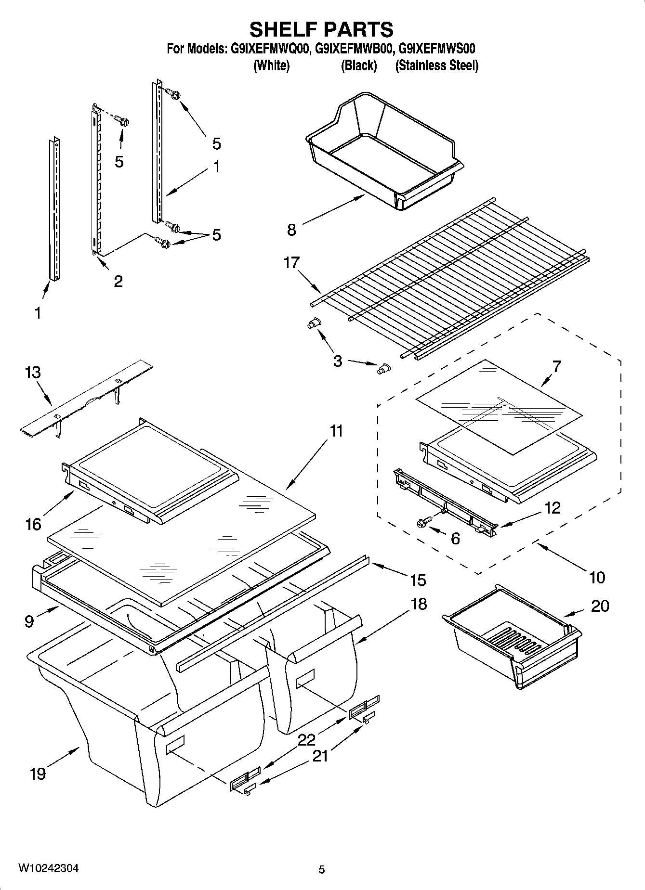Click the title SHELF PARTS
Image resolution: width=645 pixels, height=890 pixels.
321,29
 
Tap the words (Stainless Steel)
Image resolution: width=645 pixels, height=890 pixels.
436,65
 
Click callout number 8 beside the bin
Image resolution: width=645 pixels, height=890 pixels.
291,230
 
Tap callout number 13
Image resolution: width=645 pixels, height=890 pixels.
33,373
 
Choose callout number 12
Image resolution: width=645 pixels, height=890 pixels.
553,507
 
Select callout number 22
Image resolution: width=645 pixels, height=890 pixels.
306,740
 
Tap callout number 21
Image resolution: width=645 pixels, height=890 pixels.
320,756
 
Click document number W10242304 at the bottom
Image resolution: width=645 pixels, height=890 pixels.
48,868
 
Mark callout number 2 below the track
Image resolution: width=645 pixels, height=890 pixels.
118,281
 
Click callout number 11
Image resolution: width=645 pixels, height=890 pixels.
336,431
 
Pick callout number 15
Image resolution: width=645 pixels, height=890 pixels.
418,580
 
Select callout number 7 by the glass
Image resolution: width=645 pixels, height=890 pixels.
556,366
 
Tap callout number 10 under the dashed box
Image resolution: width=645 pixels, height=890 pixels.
597,577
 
